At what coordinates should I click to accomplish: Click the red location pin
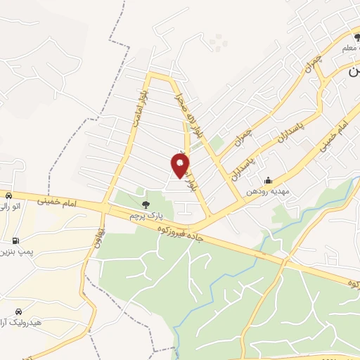[180, 165]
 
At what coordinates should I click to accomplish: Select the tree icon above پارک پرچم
[146, 205]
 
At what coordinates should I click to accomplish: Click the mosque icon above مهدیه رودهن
[267, 179]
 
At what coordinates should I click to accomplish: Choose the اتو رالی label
[13, 207]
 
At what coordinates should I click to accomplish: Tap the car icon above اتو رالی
[8, 195]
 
